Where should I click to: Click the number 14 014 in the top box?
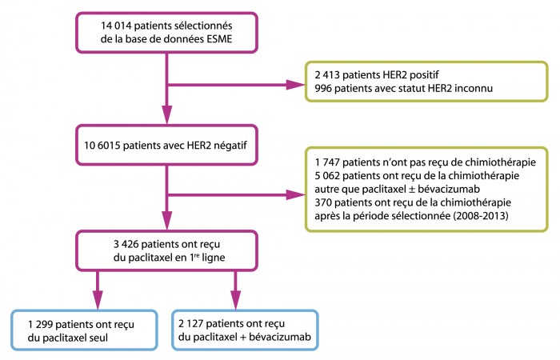(116, 26)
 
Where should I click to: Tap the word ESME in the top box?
(219, 39)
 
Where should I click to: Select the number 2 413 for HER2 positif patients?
(327, 75)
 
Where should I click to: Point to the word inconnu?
(474, 88)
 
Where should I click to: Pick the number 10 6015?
(102, 146)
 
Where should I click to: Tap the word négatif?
(230, 146)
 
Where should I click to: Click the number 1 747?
(327, 162)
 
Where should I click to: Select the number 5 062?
(327, 176)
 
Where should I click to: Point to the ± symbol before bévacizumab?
(411, 190)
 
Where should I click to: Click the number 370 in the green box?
(323, 202)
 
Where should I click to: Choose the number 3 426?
(126, 244)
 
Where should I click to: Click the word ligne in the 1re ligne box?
(214, 258)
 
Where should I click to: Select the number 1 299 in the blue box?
(40, 324)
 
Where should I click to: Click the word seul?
(98, 338)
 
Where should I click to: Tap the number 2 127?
(190, 323)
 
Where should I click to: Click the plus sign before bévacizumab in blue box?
(243, 337)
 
